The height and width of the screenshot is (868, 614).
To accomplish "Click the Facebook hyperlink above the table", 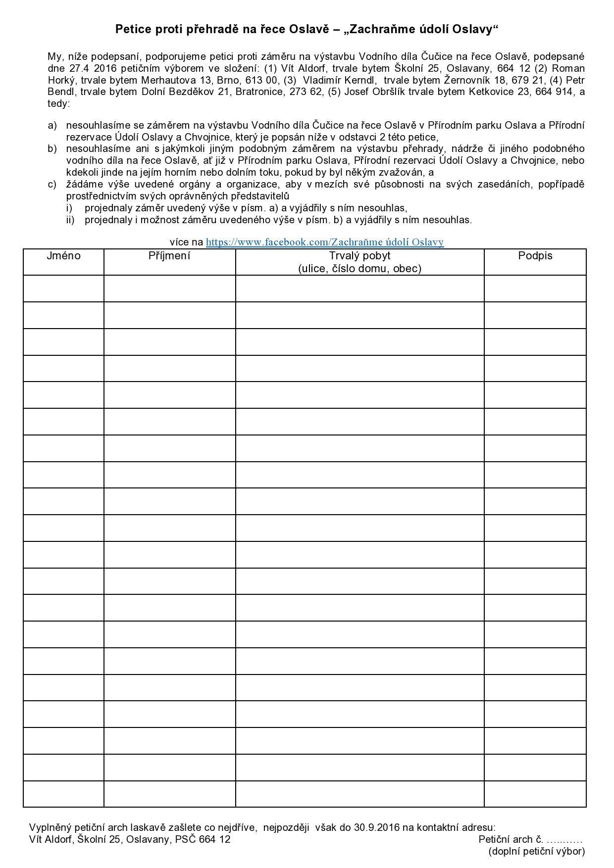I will (x=324, y=242).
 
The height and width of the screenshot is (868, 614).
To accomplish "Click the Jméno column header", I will (x=63, y=256).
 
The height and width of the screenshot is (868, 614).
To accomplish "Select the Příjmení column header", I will (x=169, y=256).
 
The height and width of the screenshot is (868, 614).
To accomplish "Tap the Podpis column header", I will (x=535, y=256).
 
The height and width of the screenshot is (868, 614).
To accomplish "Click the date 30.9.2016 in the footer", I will (x=377, y=827).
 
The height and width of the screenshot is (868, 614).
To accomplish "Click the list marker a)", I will (x=52, y=126).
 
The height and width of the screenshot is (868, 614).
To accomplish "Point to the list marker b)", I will (x=52, y=149).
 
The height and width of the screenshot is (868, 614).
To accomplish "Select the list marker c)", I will (x=52, y=185).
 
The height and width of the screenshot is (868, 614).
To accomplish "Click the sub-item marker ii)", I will (x=70, y=220).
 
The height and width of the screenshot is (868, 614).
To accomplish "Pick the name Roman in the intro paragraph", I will (x=568, y=68).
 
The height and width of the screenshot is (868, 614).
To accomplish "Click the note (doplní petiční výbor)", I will (x=537, y=851).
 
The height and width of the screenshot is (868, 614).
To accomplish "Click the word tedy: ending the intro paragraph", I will (x=59, y=104).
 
